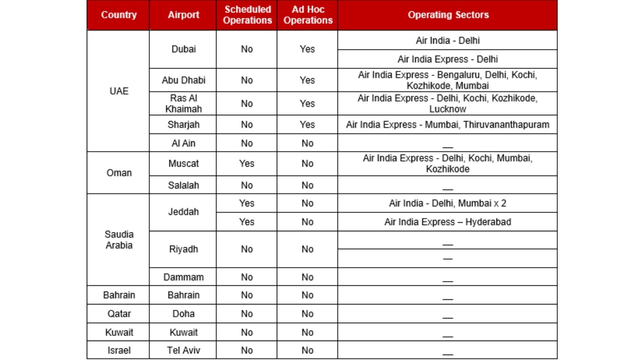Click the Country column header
(119, 15)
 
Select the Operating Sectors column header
(448, 15)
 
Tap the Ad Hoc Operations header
(308, 15)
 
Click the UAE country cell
(119, 91)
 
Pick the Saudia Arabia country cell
(119, 240)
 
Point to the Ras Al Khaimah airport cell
(183, 104)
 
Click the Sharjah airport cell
(183, 125)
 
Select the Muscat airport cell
(183, 164)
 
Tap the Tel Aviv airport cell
(183, 350)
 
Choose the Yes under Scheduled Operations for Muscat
(247, 164)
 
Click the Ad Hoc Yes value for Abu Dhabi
(307, 80)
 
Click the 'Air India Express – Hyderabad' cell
(448, 222)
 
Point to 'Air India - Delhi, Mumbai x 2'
(448, 203)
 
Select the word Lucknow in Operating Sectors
(448, 109)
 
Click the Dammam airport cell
(183, 277)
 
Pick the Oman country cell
(119, 173)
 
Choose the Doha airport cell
(183, 314)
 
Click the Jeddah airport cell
(183, 212)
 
